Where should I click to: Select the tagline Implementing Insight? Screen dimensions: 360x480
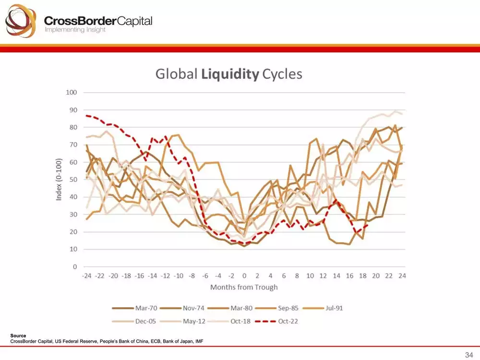coord(75,30)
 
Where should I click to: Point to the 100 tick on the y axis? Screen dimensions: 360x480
coord(72,92)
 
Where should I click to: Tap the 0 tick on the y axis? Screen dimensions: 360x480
coord(74,266)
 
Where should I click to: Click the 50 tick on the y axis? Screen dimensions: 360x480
coord(73,180)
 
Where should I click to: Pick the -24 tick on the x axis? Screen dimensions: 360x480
coord(86,276)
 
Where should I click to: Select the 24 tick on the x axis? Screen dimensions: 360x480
coord(402,276)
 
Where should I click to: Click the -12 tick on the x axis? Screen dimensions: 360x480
coord(165,276)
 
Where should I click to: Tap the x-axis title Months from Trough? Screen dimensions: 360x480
coord(244,287)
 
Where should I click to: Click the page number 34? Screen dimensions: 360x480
coord(469,355)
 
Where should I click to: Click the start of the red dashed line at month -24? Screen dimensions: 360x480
coord(86,116)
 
